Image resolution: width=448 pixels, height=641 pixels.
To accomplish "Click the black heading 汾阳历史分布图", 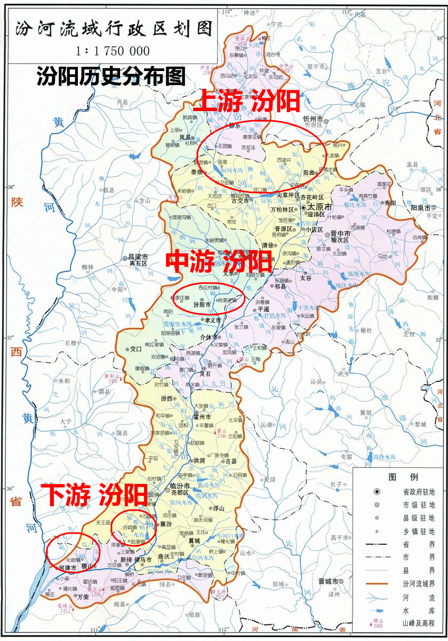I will click(110, 76).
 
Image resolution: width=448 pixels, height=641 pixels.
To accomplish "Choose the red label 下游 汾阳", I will click(94, 495).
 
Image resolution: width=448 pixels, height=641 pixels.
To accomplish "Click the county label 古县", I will click(230, 461).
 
